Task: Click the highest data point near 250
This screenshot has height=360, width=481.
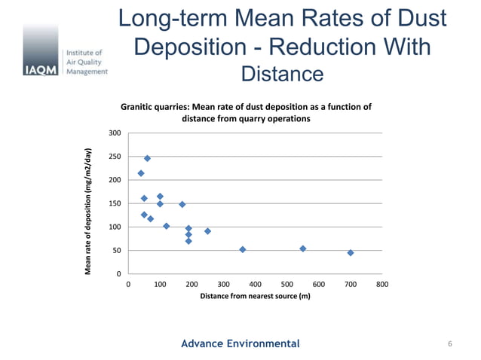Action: click(147, 158)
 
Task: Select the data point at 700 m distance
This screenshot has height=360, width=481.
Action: click(351, 253)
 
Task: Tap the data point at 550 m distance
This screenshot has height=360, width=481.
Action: click(302, 249)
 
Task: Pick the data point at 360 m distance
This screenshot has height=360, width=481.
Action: click(242, 249)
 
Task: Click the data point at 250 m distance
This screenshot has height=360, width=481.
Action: click(207, 231)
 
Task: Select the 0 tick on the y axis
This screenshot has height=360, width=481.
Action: click(119, 273)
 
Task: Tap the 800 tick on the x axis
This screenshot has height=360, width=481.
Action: click(381, 285)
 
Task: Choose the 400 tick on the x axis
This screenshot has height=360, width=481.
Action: click(255, 285)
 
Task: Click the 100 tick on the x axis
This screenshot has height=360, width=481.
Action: click(160, 285)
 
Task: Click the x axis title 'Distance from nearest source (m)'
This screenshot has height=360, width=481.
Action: click(255, 297)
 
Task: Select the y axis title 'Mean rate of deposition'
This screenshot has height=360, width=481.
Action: click(88, 211)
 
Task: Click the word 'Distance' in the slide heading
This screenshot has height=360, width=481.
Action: click(281, 74)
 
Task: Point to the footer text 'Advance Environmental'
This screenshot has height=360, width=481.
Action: click(240, 343)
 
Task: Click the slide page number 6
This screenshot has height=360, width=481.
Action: click(449, 344)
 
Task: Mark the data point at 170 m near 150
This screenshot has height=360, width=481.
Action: click(182, 204)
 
